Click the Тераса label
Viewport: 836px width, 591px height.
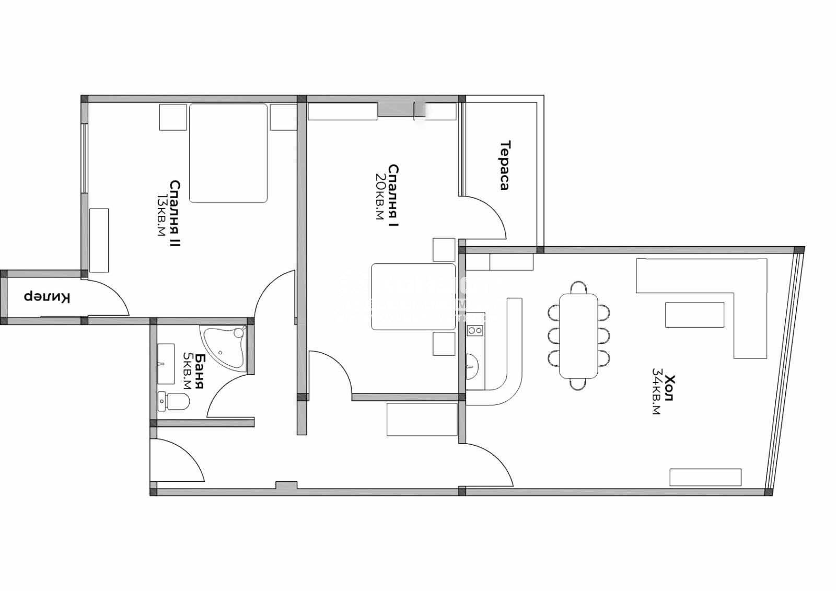click(x=505, y=166)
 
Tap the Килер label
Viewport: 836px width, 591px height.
click(x=47, y=297)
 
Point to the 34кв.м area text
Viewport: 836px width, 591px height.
click(x=656, y=391)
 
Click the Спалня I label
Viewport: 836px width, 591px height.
click(x=393, y=195)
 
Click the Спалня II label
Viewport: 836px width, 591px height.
click(x=175, y=214)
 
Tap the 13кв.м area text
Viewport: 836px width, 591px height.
click(x=161, y=215)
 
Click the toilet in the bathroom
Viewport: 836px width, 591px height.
click(x=173, y=401)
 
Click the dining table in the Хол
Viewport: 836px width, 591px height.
click(x=578, y=336)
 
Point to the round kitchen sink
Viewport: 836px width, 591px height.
click(x=472, y=366)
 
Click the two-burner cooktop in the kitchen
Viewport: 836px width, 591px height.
click(x=475, y=330)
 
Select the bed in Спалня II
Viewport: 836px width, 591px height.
click(x=228, y=153)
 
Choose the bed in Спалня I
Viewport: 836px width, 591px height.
click(x=413, y=297)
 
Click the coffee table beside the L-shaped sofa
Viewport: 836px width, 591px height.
click(x=694, y=315)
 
